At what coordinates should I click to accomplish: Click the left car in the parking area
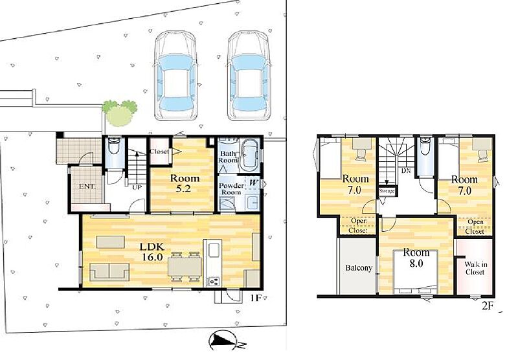(175, 76)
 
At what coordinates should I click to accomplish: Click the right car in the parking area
(249, 76)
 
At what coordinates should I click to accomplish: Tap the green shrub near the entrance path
(119, 113)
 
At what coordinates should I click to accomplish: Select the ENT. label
(87, 186)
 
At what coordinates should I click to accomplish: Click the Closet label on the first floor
(159, 152)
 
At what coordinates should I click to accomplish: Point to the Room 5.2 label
(185, 183)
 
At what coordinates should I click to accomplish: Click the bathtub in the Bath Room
(249, 155)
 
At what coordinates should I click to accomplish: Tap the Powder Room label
(231, 189)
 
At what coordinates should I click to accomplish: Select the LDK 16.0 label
(152, 252)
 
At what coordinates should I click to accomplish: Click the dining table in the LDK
(185, 267)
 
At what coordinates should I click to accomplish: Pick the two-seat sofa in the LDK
(109, 272)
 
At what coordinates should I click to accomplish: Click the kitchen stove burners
(214, 282)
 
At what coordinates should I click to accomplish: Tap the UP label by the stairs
(137, 188)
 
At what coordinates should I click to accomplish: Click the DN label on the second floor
(406, 171)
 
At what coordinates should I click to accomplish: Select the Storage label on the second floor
(387, 191)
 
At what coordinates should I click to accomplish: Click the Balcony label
(359, 268)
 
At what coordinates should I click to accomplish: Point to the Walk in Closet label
(475, 268)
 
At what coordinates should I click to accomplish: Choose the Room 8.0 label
(416, 258)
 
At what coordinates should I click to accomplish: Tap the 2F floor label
(488, 306)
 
